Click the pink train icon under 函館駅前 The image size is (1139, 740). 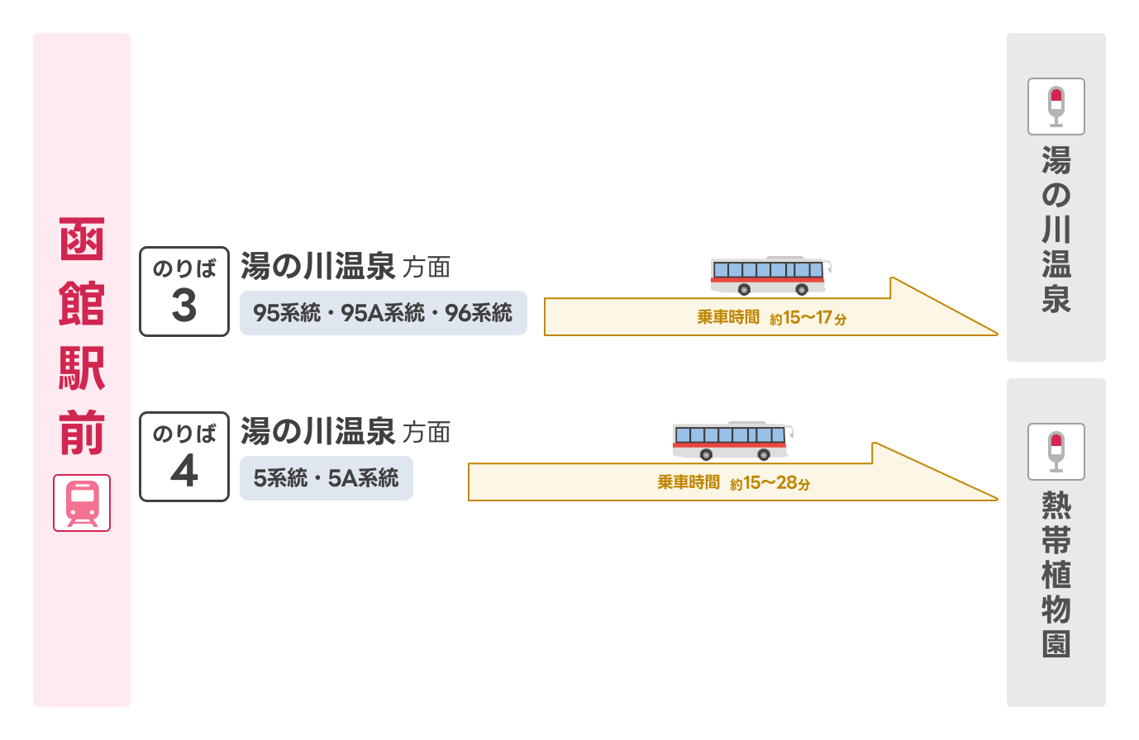82,503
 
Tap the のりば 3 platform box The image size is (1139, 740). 183,292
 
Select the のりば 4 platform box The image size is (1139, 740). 183,457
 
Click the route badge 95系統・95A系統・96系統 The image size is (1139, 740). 383,313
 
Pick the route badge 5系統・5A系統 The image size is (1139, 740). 326,478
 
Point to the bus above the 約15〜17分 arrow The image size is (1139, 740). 770,275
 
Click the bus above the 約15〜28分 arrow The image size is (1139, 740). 732,440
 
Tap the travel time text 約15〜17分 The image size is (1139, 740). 808,318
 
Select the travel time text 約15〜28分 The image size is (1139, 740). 770,483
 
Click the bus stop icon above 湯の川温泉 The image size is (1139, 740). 1056,107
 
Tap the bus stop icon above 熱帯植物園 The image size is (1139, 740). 1056,452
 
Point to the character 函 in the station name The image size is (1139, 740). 82,240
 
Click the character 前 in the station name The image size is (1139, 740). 82,432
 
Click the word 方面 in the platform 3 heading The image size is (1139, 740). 427,268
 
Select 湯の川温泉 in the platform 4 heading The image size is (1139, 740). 318,432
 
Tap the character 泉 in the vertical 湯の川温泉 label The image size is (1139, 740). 1056,298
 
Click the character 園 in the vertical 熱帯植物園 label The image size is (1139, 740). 1056,643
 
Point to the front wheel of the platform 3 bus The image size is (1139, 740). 801,289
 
